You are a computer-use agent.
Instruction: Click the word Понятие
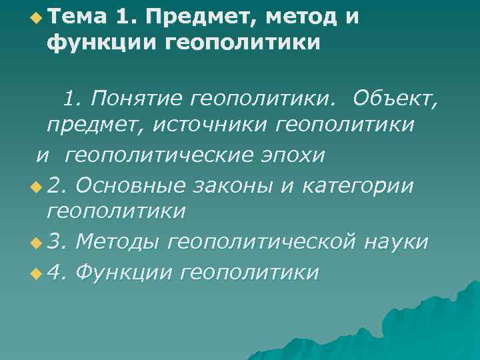(x=138, y=99)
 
